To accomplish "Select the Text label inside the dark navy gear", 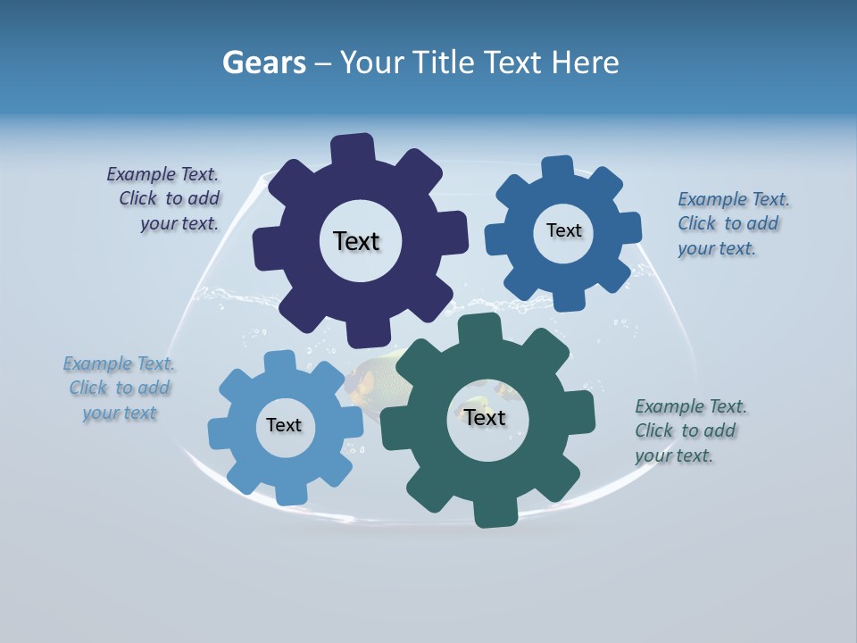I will (x=356, y=241).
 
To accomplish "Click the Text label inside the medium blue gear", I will (x=563, y=230).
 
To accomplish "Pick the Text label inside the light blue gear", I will (x=284, y=425).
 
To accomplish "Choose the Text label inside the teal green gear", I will (x=485, y=417).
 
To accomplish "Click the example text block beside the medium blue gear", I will (x=732, y=223).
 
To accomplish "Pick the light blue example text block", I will (x=120, y=388).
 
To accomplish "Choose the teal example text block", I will (x=689, y=430).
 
